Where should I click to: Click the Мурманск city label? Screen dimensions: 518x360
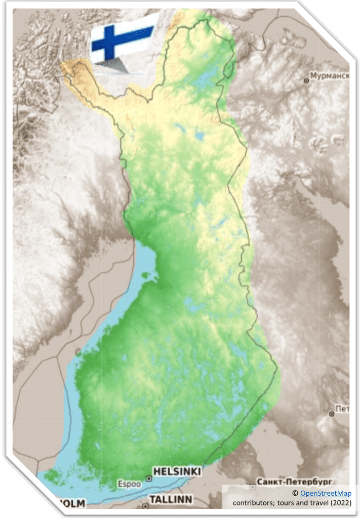click(330, 76)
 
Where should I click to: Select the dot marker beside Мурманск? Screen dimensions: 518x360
click(306, 80)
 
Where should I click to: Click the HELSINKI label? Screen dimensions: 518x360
click(177, 471)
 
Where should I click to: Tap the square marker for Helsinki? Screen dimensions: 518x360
click(148, 478)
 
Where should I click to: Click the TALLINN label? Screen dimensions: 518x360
click(170, 499)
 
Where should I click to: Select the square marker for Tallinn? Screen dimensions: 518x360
click(145, 506)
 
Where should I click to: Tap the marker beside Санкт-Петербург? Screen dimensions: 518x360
click(252, 487)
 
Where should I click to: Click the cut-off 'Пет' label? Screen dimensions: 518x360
click(342, 408)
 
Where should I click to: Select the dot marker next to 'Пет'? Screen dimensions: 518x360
click(332, 413)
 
